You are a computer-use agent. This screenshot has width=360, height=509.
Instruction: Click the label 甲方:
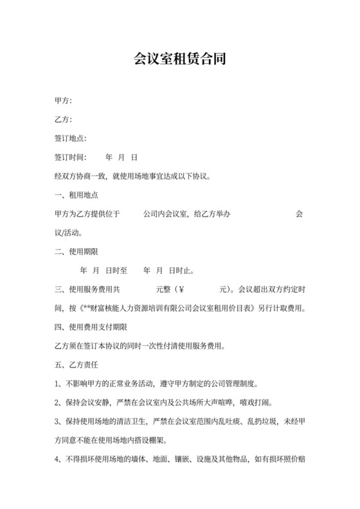pos(63,101)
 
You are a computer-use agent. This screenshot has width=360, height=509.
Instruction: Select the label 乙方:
pos(63,120)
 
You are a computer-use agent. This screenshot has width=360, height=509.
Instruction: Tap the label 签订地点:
pos(71,138)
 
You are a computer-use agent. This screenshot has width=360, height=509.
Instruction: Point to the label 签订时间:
pos(71,157)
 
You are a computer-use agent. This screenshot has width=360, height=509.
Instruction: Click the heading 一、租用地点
pos(76,195)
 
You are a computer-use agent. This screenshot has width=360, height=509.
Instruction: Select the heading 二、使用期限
pos(76,251)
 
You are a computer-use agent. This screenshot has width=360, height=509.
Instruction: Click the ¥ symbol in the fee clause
pos(181,289)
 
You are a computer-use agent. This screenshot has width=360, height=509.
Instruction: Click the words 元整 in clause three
pos(164,289)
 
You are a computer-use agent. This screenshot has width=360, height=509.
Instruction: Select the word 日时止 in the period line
pos(181,271)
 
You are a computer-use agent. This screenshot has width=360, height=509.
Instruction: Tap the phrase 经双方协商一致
pos(77,176)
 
